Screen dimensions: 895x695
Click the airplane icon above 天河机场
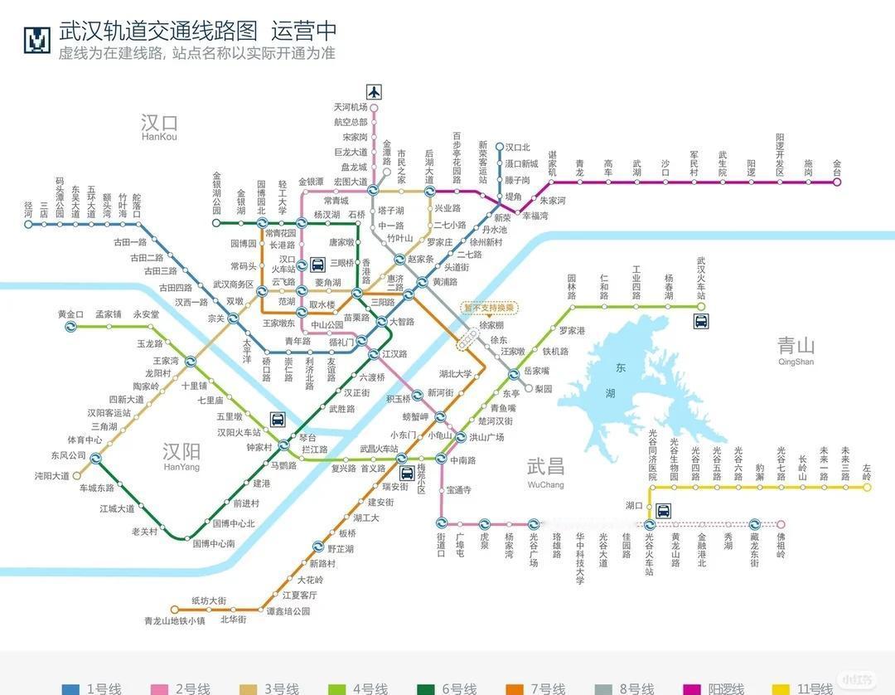pyautogui.click(x=374, y=91)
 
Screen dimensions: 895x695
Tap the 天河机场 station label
pyautogui.click(x=350, y=107)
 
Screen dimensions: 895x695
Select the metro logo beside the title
pyautogui.click(x=36, y=39)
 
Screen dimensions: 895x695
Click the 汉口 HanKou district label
pyautogui.click(x=159, y=126)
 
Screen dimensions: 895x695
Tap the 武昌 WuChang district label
pyautogui.click(x=545, y=470)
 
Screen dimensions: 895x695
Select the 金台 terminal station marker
pyautogui.click(x=837, y=182)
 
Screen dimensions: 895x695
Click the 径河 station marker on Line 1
pyautogui.click(x=28, y=224)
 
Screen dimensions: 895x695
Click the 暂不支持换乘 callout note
pyautogui.click(x=489, y=308)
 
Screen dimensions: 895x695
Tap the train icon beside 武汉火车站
pyautogui.click(x=701, y=321)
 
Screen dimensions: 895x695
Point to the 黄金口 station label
pyautogui.click(x=70, y=314)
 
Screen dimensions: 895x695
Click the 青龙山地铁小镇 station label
pyautogui.click(x=174, y=620)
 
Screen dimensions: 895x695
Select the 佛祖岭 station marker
pyautogui.click(x=780, y=524)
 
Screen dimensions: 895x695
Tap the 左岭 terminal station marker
pyautogui.click(x=867, y=488)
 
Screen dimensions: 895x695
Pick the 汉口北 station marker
pyautogui.click(x=499, y=148)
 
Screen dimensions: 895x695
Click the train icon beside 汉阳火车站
pyautogui.click(x=278, y=420)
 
